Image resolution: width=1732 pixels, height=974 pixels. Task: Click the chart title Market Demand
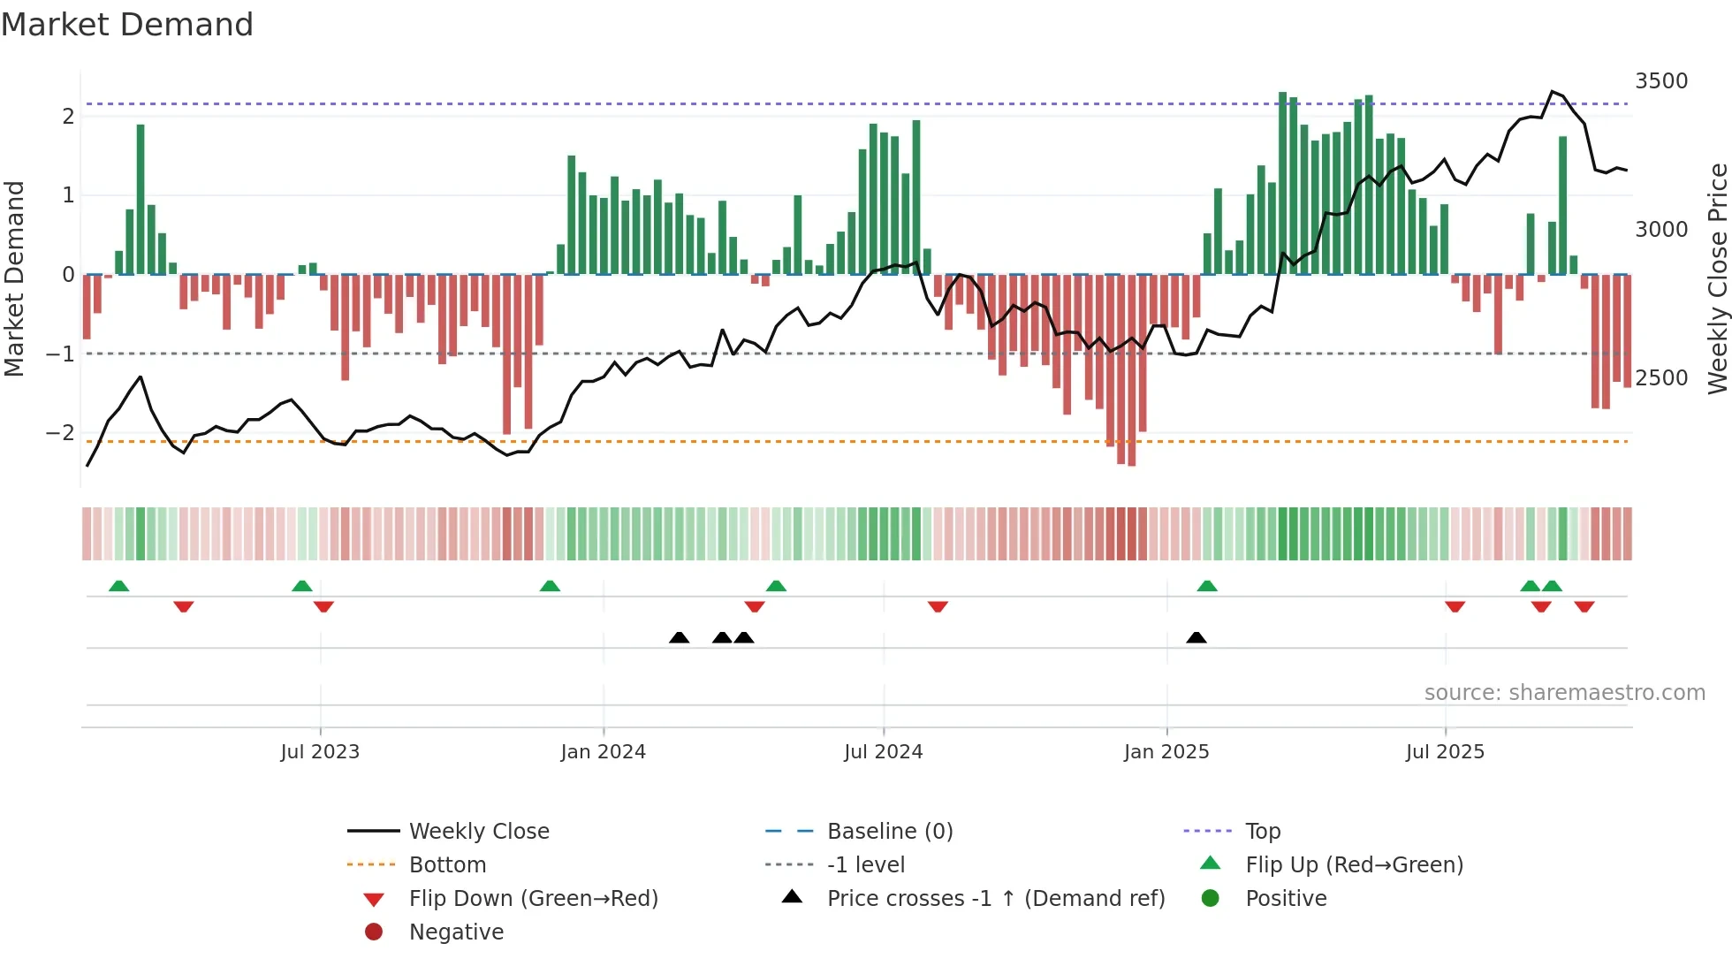[127, 25]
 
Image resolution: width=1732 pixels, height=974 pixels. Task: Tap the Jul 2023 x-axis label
[320, 752]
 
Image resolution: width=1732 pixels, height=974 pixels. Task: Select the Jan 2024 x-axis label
[603, 752]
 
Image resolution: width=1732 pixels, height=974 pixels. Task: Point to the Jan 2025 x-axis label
[1166, 752]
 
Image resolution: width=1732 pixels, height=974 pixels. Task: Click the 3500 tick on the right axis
[1660, 81]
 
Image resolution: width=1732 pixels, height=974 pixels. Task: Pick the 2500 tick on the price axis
[1660, 378]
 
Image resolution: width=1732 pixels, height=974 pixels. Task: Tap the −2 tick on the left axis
[60, 433]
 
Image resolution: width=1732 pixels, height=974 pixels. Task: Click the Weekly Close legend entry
[478, 832]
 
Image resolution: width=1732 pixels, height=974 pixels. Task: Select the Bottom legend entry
[447, 865]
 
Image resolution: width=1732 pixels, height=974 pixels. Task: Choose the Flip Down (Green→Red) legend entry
[533, 899]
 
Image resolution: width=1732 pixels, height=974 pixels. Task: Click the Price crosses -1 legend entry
[995, 899]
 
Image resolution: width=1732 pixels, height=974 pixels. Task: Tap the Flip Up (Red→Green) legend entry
[1354, 865]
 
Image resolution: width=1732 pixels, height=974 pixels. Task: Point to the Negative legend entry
[456, 932]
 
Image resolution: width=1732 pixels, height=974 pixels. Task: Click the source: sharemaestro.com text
[1564, 693]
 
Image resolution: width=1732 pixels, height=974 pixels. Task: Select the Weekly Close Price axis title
[1717, 278]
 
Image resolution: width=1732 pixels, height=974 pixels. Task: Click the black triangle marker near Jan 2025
[1196, 638]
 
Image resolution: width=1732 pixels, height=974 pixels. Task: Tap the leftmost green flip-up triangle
[118, 586]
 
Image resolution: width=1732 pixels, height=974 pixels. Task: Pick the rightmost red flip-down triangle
[1584, 606]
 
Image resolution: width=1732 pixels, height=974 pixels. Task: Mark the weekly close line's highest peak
[1552, 92]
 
